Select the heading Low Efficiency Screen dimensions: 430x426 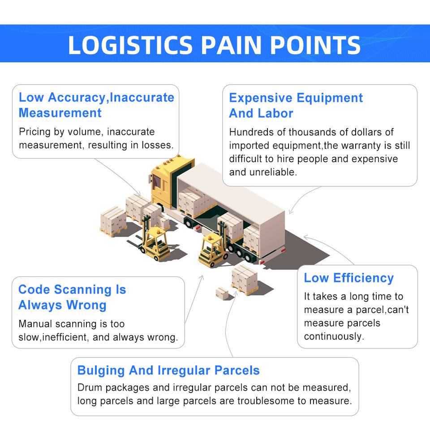(348, 278)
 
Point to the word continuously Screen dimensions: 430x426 (334, 336)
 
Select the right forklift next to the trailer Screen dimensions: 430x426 (214, 249)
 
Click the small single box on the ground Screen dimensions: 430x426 (222, 293)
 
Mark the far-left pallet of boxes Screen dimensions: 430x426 (113, 220)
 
